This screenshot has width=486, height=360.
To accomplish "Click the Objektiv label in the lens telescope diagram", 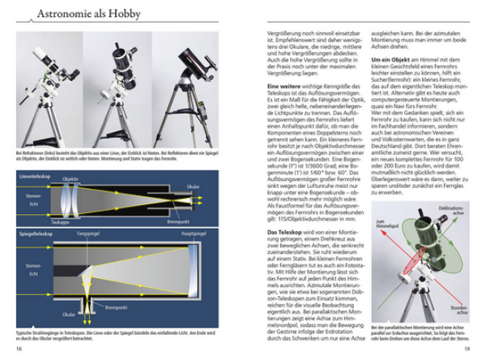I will [70, 178].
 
